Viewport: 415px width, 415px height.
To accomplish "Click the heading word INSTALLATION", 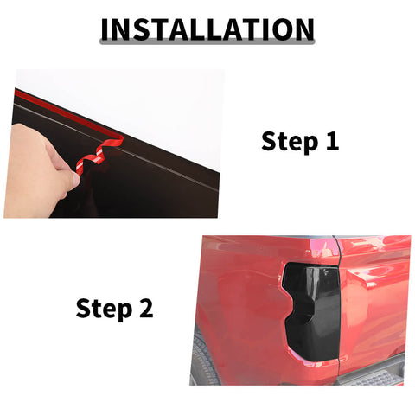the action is (207, 29).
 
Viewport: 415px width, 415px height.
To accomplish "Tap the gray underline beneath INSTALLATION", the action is (207, 42).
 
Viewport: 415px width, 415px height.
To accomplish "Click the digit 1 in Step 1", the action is (332, 141).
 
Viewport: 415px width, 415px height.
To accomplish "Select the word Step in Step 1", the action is (290, 142).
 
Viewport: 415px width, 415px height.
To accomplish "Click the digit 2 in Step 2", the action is (146, 308).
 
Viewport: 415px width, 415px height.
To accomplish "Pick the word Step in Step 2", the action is (104, 310).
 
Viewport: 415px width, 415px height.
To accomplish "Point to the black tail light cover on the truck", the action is (311, 311).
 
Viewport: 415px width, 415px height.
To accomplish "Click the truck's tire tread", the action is (203, 361).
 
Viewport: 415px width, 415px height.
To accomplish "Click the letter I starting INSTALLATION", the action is (105, 29).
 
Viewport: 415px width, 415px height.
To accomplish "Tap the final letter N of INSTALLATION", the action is (304, 29).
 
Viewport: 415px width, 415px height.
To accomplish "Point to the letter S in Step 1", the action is (268, 141).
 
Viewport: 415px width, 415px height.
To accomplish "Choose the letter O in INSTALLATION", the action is (283, 29).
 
